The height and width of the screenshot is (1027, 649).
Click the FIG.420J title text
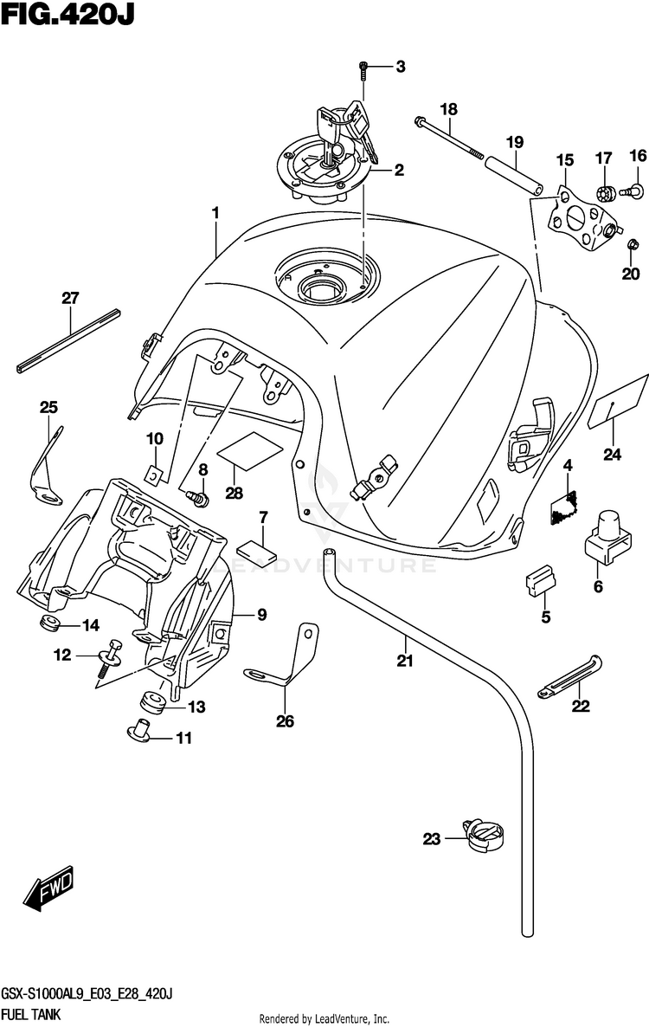pos(67,14)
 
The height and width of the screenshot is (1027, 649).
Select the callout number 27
pos(70,298)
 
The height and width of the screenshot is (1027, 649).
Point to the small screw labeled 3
pos(364,71)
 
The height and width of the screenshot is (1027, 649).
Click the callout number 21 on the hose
pos(405,661)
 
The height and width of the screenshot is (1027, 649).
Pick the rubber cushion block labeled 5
pos(541,581)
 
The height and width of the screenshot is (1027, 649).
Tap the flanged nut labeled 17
pos(605,192)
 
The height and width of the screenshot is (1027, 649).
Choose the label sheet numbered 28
pos(250,450)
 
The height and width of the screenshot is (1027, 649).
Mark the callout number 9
pos(261,614)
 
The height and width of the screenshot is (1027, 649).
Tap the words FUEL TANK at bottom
pos(31,1015)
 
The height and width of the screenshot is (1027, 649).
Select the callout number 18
pos(449,109)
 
